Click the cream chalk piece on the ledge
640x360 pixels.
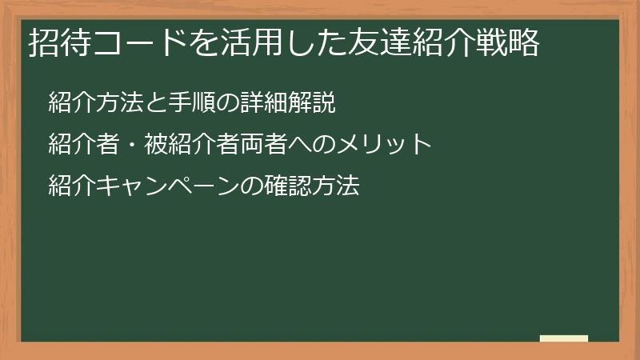click(564, 338)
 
